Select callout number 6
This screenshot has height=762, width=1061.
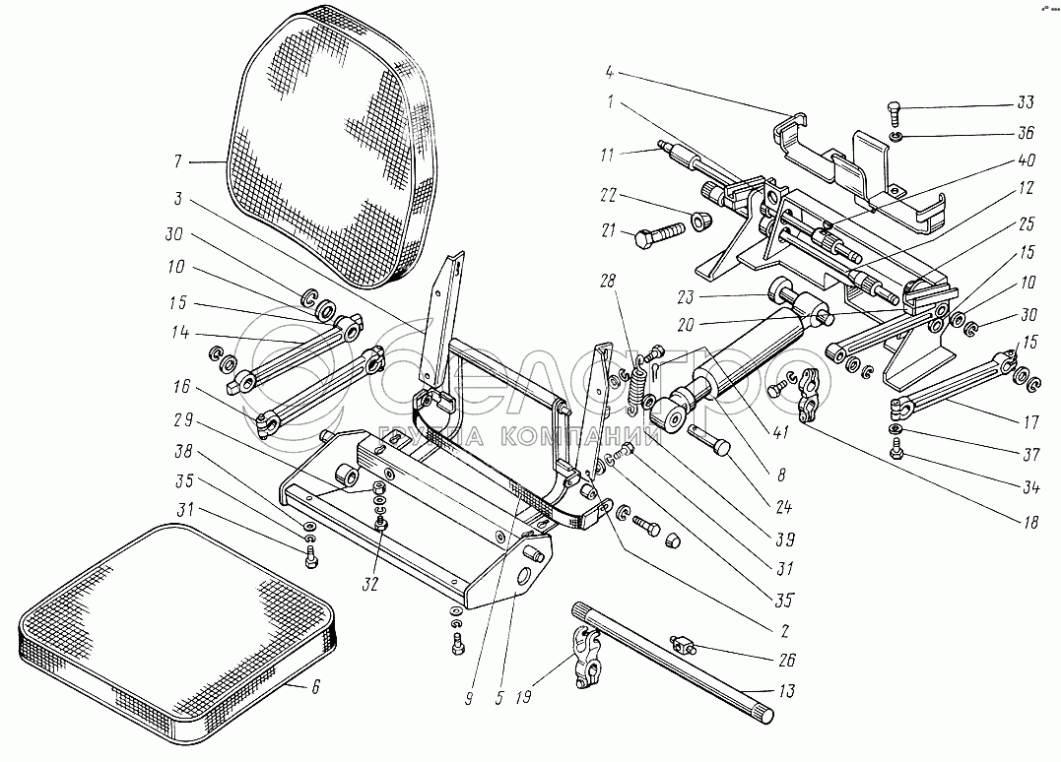tap(315, 688)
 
